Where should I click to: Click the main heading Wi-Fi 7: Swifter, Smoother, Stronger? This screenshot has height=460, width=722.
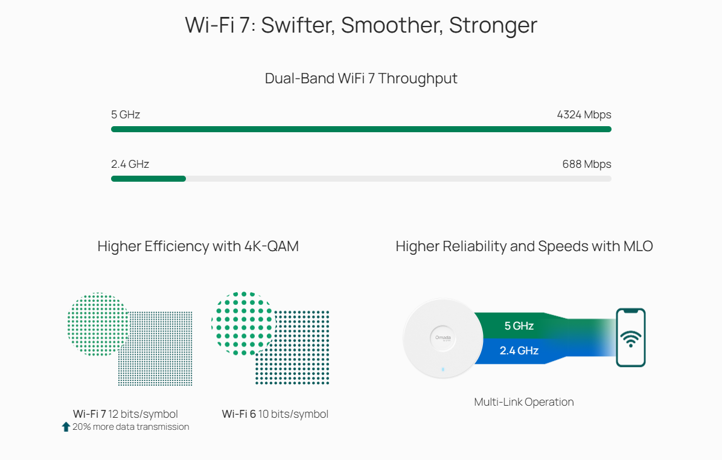(361, 25)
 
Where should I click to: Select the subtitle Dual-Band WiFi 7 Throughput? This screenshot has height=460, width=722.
(361, 78)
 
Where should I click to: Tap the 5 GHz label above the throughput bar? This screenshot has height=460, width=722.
(126, 115)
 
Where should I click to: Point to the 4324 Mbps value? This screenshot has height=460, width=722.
(584, 115)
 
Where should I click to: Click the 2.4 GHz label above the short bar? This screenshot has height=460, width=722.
(130, 164)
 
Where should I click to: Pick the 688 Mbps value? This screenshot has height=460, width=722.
(586, 164)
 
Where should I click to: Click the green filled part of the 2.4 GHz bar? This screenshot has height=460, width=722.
(149, 179)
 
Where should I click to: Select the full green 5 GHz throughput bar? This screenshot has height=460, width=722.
(361, 129)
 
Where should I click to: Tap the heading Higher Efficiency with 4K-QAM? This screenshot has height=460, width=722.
(198, 246)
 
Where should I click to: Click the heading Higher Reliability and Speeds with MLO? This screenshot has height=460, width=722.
(524, 246)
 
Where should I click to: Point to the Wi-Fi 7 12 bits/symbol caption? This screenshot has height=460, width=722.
(126, 414)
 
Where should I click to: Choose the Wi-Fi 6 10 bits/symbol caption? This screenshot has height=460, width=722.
(275, 414)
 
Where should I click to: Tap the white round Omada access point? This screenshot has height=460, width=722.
(443, 338)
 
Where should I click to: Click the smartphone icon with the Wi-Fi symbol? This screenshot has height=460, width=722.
(630, 337)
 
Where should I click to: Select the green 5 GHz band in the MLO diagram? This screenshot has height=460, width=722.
(519, 326)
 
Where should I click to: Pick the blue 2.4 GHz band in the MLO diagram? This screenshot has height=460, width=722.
(519, 350)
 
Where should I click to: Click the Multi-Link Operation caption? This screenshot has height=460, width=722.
(524, 402)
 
